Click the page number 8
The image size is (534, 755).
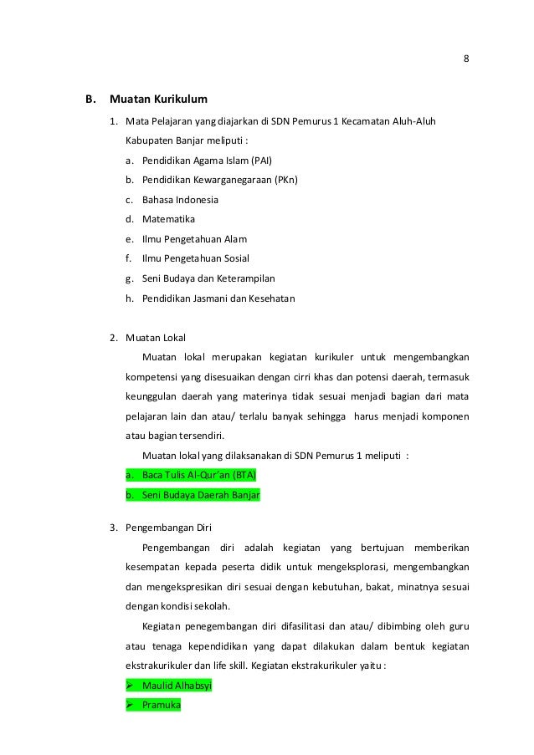[465, 58]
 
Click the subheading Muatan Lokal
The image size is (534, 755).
[156, 338]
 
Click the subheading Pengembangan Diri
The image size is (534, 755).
[168, 528]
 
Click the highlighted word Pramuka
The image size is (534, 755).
[162, 705]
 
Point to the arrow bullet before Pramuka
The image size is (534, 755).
[130, 705]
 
